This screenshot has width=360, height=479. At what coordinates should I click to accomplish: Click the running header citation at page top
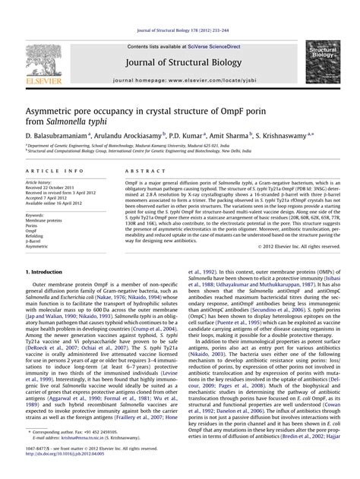(180, 7)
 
